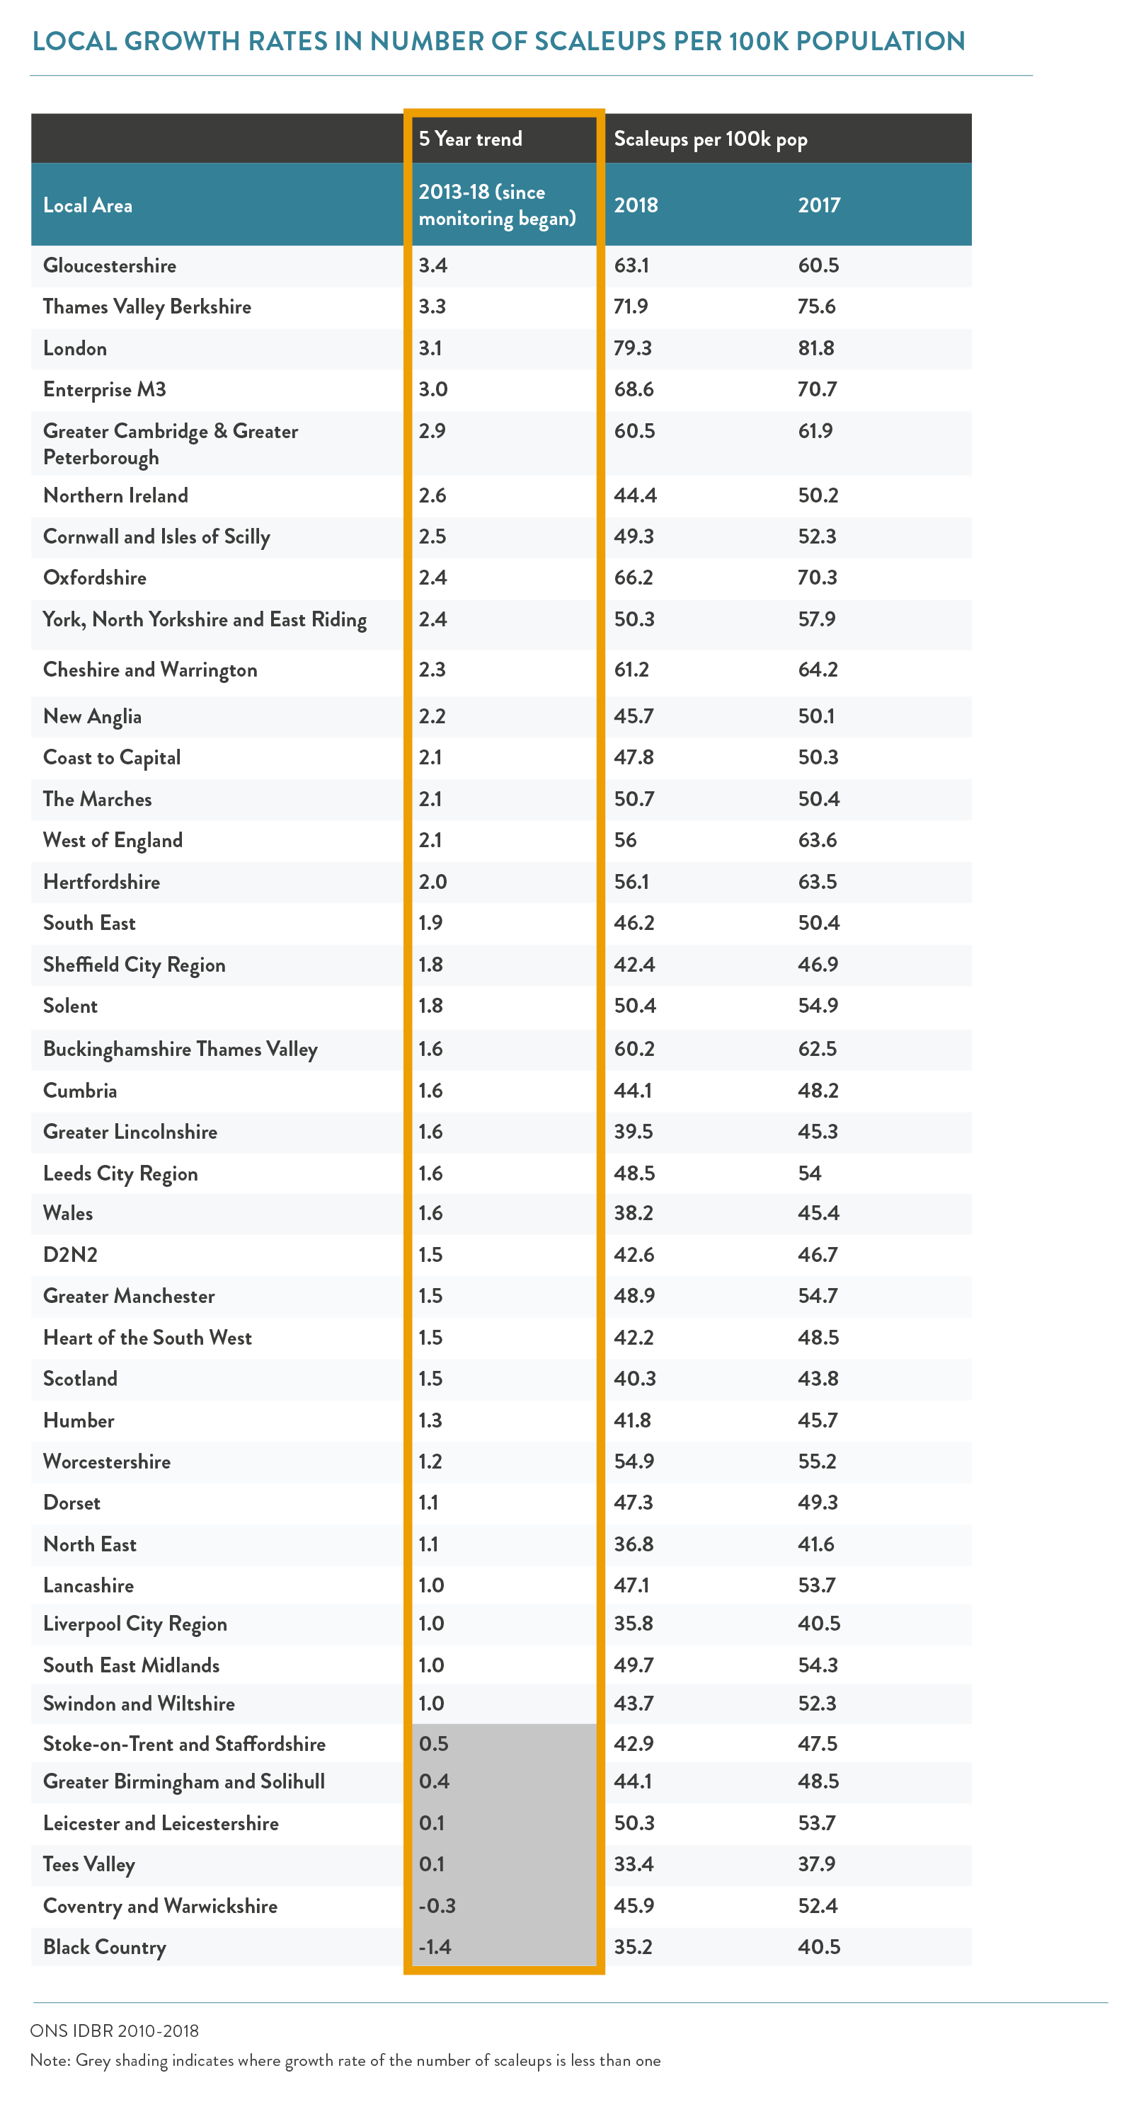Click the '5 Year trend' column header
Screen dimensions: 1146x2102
pyautogui.click(x=470, y=139)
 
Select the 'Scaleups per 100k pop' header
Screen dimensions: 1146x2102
pyautogui.click(x=710, y=139)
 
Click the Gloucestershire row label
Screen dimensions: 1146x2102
pyautogui.click(x=110, y=266)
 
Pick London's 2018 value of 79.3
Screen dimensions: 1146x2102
pyautogui.click(x=633, y=348)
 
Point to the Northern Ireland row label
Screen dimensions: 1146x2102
pyautogui.click(x=115, y=495)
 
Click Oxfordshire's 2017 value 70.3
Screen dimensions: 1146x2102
pyautogui.click(x=818, y=578)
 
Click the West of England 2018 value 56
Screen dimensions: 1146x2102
pyautogui.click(x=625, y=841)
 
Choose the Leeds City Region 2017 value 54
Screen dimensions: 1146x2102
pyautogui.click(x=810, y=1173)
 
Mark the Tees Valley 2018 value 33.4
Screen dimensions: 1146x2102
pyautogui.click(x=634, y=1863)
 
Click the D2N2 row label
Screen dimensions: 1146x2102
pyautogui.click(x=70, y=1255)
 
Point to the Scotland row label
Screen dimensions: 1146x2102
pyautogui.click(x=80, y=1378)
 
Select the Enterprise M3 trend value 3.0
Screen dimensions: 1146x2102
pyautogui.click(x=432, y=389)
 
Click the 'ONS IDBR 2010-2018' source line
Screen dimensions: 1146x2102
pyautogui.click(x=114, y=2031)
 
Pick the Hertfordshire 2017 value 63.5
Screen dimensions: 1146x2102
pyautogui.click(x=817, y=882)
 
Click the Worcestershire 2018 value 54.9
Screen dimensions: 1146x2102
pyautogui.click(x=634, y=1461)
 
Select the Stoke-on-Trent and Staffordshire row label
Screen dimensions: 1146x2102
pyautogui.click(x=185, y=1744)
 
